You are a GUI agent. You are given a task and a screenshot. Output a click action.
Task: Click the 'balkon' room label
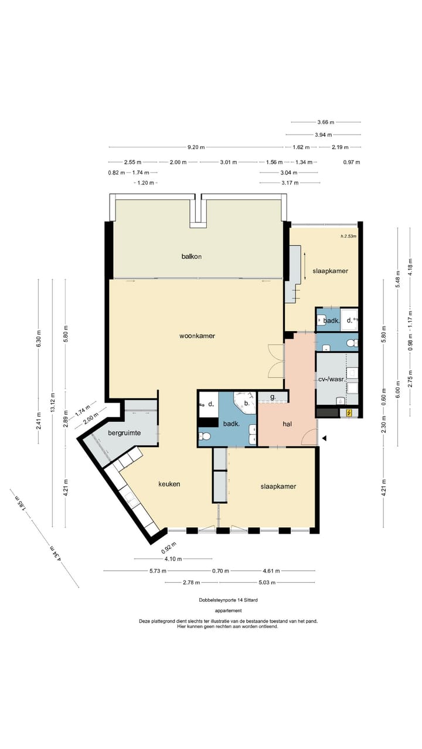click(192, 256)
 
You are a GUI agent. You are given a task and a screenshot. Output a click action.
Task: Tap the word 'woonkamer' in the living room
click(197, 336)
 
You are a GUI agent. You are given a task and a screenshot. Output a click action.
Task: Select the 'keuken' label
click(169, 484)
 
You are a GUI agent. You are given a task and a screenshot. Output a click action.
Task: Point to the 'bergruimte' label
click(124, 433)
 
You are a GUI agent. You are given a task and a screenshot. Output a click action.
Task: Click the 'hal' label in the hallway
click(287, 424)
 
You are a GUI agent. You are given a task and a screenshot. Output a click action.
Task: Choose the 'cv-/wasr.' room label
click(331, 380)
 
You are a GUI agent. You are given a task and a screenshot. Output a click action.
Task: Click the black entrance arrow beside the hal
click(324, 438)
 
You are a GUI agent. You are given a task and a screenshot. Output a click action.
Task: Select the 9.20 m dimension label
click(196, 147)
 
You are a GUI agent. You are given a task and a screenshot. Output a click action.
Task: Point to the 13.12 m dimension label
click(53, 403)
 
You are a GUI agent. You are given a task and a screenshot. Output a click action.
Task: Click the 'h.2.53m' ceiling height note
click(348, 236)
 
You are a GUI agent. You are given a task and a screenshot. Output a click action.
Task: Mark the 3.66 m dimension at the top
click(326, 122)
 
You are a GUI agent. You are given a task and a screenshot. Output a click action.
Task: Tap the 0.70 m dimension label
click(221, 571)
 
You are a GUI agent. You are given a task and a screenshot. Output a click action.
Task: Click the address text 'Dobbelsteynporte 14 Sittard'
click(229, 600)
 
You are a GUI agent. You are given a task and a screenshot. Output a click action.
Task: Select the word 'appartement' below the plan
click(229, 610)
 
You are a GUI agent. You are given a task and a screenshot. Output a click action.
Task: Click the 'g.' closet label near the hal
click(273, 397)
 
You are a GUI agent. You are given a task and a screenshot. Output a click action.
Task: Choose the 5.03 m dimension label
click(267, 582)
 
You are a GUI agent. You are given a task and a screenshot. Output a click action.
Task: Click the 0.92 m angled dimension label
click(168, 547)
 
